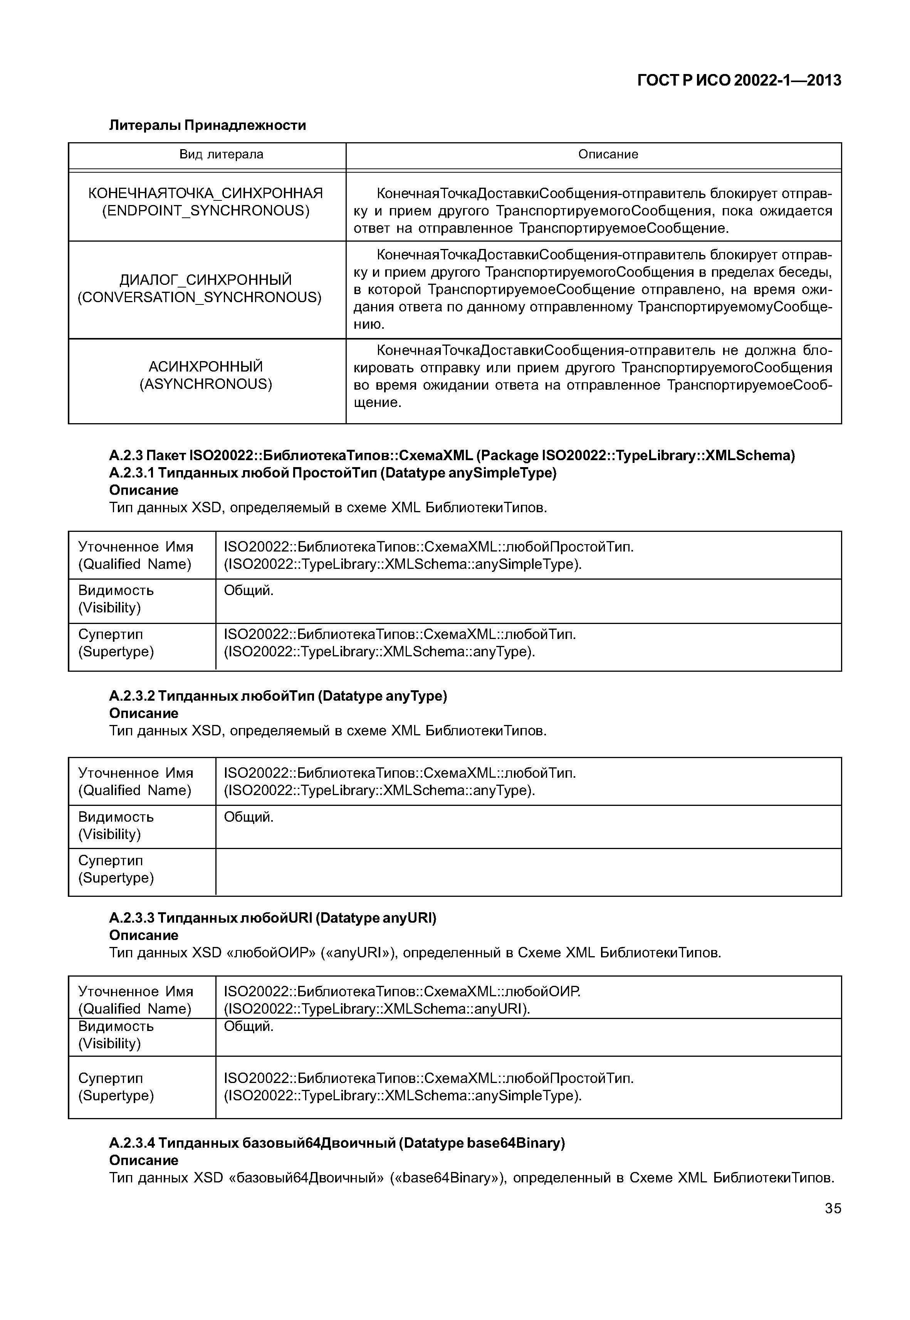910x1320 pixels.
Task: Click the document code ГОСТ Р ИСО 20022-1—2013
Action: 739,81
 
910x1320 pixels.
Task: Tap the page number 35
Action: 833,1208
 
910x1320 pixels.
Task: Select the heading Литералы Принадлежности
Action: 208,125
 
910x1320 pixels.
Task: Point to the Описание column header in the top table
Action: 608,154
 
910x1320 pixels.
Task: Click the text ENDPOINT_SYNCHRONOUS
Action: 206,211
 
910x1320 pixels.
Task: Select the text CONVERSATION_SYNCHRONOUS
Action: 200,297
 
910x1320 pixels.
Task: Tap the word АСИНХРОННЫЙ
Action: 206,366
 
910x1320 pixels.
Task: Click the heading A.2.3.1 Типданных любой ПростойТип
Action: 332,473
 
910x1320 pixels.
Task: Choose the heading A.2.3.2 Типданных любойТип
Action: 278,696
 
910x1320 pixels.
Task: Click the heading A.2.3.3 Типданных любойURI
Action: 272,918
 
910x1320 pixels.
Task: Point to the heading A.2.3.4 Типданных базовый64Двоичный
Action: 336,1143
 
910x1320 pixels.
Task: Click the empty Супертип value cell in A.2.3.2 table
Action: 527,872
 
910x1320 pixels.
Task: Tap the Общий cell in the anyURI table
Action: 248,1026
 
